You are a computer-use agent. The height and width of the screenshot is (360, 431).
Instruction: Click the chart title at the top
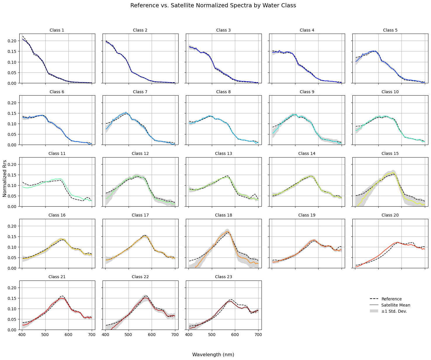(x=213, y=6)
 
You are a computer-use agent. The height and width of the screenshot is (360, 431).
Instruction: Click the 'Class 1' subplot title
(x=57, y=30)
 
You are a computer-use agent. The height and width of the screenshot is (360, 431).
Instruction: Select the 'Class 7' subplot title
(x=140, y=92)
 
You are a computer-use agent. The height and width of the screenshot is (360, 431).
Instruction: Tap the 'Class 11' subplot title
(x=57, y=153)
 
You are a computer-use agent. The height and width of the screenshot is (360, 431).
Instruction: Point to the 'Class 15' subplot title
(x=390, y=153)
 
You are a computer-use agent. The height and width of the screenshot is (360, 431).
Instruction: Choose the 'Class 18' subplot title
(x=223, y=215)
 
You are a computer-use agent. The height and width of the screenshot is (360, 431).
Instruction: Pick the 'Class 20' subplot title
(x=390, y=215)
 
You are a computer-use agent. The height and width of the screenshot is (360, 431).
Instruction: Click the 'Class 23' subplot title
(x=223, y=277)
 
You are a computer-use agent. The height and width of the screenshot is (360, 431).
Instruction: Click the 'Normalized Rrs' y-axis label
(x=4, y=178)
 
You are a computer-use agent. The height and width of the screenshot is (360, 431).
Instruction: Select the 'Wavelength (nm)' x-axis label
(x=213, y=354)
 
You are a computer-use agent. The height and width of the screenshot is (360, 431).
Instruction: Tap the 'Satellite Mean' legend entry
(x=395, y=305)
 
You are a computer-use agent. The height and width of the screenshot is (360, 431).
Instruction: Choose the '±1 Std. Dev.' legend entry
(x=394, y=311)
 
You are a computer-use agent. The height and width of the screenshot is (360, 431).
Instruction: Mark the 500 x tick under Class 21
(x=45, y=334)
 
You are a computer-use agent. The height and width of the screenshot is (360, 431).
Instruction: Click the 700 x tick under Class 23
(x=258, y=334)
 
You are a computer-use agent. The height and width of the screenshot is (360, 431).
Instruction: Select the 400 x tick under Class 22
(x=105, y=334)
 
